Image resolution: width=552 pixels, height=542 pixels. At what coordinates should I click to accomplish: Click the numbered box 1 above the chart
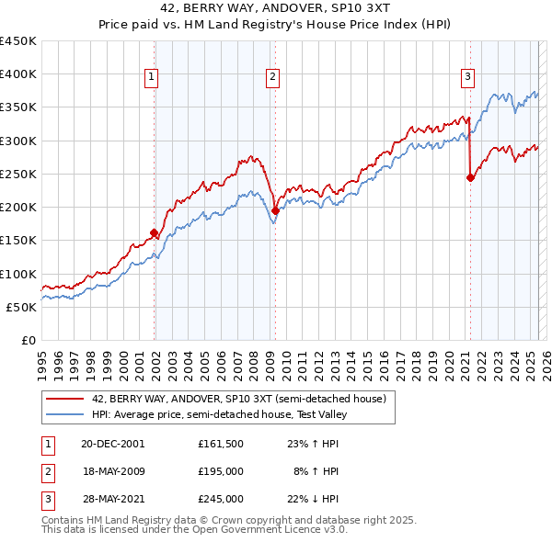[x=151, y=77]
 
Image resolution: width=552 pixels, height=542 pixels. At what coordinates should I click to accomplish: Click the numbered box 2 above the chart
[x=273, y=77]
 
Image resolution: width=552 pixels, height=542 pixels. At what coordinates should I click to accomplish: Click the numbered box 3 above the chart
[x=468, y=77]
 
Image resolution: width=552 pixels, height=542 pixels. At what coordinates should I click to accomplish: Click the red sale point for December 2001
[x=154, y=233]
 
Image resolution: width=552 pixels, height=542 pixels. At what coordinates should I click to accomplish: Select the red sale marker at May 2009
[x=275, y=210]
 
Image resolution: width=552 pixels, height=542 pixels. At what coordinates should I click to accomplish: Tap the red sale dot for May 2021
[x=470, y=178]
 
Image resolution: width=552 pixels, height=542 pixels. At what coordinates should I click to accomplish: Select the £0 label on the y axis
[x=29, y=340]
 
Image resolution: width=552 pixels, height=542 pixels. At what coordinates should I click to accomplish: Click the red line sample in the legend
[x=63, y=399]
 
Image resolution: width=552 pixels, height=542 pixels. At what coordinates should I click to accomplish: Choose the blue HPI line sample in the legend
[x=63, y=414]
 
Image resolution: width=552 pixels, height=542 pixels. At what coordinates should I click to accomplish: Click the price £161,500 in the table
[x=220, y=443]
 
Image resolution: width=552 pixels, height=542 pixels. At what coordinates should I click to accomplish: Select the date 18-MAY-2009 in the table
[x=113, y=471]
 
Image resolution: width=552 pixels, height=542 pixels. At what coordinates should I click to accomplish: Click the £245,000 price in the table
[x=220, y=499]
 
